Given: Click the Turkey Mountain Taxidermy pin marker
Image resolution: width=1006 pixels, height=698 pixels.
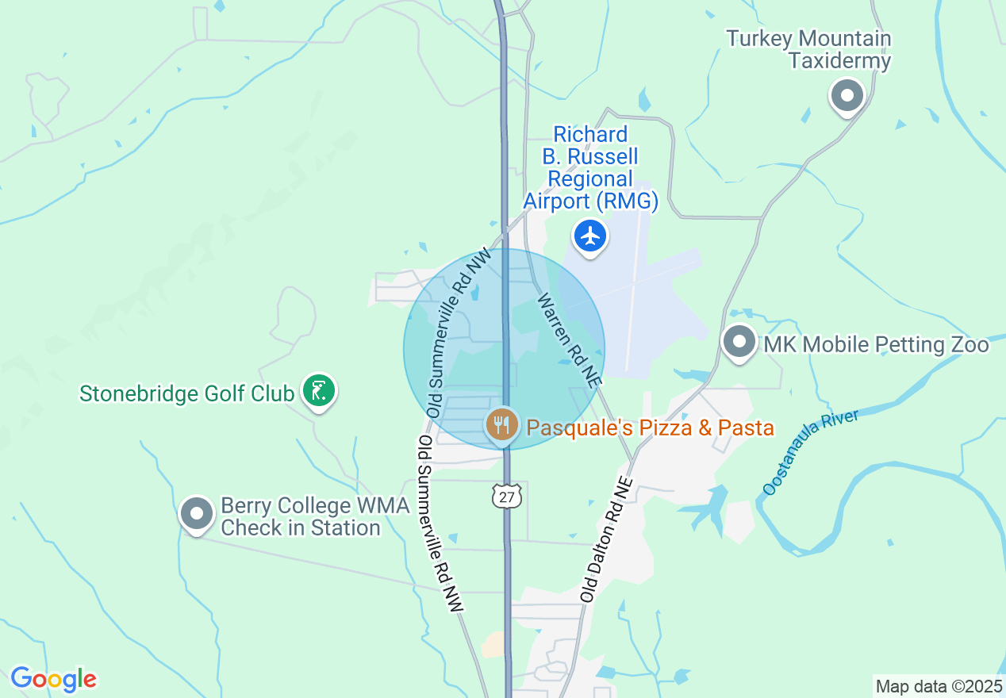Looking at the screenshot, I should tap(847, 97).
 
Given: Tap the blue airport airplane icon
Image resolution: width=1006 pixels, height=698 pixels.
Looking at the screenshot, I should tap(590, 236).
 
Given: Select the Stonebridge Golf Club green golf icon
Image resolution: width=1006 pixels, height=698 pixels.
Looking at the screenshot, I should tap(319, 391).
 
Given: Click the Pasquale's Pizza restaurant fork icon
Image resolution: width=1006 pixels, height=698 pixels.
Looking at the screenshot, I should tap(501, 425).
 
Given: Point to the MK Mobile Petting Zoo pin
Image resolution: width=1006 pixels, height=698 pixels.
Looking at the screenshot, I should tap(739, 343).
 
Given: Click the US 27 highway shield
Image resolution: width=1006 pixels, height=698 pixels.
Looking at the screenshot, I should tap(506, 497).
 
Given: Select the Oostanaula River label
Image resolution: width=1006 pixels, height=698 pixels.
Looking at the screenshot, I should tap(810, 452).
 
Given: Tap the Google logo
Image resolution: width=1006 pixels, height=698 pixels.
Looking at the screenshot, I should tap(53, 679).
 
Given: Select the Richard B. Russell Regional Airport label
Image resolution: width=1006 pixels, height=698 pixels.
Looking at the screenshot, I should tap(590, 168).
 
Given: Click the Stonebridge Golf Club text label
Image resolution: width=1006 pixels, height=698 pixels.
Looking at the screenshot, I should tap(187, 393).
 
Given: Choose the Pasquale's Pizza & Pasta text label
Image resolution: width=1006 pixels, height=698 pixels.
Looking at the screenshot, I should tap(651, 428).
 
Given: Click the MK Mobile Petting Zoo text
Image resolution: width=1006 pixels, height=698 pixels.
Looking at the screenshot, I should tap(876, 344).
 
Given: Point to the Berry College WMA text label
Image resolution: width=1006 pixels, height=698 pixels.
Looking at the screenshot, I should tap(314, 516).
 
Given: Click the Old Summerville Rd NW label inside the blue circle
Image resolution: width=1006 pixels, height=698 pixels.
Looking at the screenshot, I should tap(459, 333).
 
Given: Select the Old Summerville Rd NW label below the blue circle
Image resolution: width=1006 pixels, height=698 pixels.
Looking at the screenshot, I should tap(441, 523).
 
